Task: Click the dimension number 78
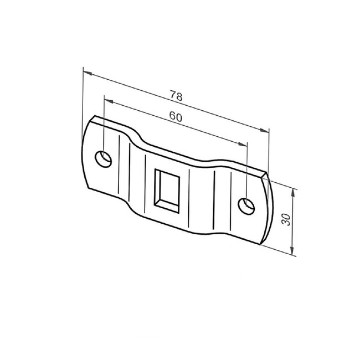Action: pos(176,95)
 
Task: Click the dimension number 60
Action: pos(176,116)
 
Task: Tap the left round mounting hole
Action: pos(104,158)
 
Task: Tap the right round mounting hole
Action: pos(246,205)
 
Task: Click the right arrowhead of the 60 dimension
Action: pos(244,146)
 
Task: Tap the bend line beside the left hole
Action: pos(118,166)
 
